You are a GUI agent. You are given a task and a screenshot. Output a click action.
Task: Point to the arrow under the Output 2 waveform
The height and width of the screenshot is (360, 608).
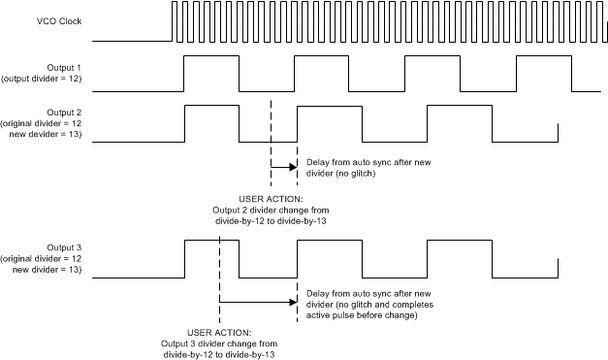283,165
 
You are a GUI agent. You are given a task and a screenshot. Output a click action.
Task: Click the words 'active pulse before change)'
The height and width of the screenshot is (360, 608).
357,315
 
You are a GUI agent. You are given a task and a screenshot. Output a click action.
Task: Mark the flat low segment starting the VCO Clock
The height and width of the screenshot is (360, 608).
132,42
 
